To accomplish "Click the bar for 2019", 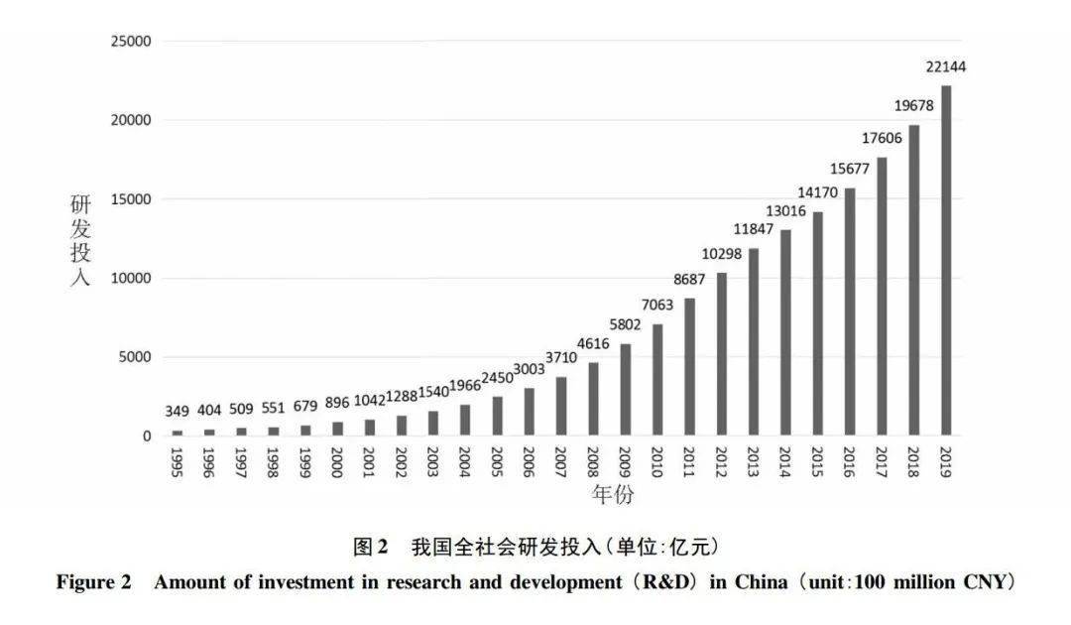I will (945, 261).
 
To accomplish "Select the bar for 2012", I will (721, 354).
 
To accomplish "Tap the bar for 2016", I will (849, 312).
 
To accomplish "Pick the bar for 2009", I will (625, 390).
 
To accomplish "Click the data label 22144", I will (945, 67).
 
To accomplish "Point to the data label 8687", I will (689, 280).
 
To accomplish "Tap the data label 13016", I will (785, 211).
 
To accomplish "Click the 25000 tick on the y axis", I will (131, 42).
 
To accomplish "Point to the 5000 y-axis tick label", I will (135, 357).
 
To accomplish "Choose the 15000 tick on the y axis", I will (131, 199).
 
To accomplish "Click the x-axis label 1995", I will (178, 461).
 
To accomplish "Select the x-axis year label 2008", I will (593, 461).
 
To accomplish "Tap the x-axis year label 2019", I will (945, 461).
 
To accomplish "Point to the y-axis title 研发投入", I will (79, 240).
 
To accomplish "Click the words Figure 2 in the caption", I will (93, 582).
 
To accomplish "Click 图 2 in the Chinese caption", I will (370, 547).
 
